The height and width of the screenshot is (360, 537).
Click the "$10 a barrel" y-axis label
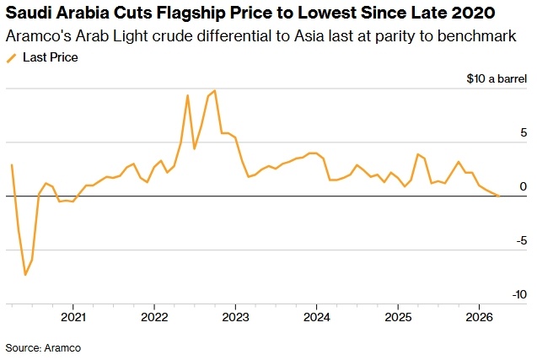(x=497, y=79)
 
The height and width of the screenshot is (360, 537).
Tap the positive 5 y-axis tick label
(x=524, y=133)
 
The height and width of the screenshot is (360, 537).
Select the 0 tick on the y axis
(x=524, y=186)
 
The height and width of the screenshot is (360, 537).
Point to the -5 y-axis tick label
(x=521, y=240)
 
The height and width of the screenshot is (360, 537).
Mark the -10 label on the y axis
(x=518, y=294)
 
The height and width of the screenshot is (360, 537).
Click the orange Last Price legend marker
(x=11, y=58)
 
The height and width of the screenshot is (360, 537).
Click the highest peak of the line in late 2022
(x=215, y=90)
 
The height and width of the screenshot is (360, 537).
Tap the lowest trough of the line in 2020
(x=25, y=275)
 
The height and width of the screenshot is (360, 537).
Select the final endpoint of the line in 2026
(x=499, y=196)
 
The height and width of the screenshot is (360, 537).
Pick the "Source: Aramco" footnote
(x=43, y=347)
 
